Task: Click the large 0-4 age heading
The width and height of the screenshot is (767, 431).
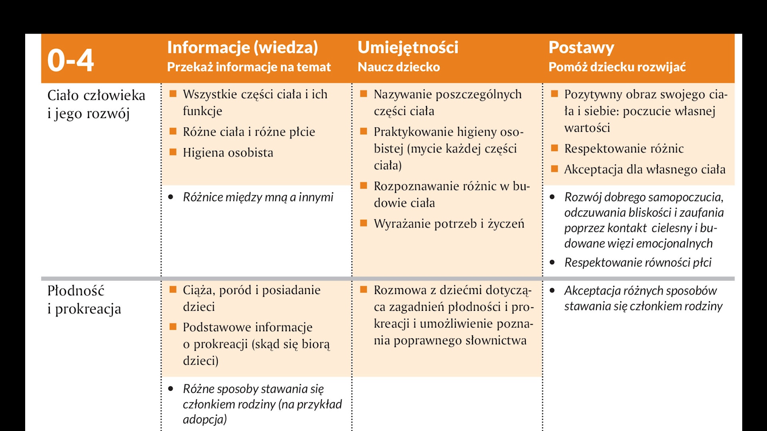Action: click(70, 60)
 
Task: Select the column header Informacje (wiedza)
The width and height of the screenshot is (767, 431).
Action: click(242, 47)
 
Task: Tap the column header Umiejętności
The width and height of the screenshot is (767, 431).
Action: click(408, 47)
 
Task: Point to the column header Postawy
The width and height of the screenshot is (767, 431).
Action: click(581, 47)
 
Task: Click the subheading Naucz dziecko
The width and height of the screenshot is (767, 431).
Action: click(399, 67)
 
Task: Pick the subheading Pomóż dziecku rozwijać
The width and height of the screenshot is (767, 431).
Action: click(617, 67)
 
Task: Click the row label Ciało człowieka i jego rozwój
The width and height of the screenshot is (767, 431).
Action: click(96, 104)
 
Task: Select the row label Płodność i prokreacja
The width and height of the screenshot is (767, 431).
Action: click(84, 300)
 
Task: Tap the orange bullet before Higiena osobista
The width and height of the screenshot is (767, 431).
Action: click(173, 152)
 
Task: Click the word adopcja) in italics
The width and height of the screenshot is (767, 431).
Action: click(205, 419)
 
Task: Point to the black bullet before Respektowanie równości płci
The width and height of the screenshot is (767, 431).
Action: click(552, 263)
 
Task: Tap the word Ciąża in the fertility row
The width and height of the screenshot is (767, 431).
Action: click(198, 291)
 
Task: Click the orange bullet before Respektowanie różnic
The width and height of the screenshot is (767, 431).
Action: click(554, 148)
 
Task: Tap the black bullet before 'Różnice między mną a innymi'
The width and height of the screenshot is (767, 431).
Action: click(171, 197)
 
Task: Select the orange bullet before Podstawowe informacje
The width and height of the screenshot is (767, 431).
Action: click(173, 327)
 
